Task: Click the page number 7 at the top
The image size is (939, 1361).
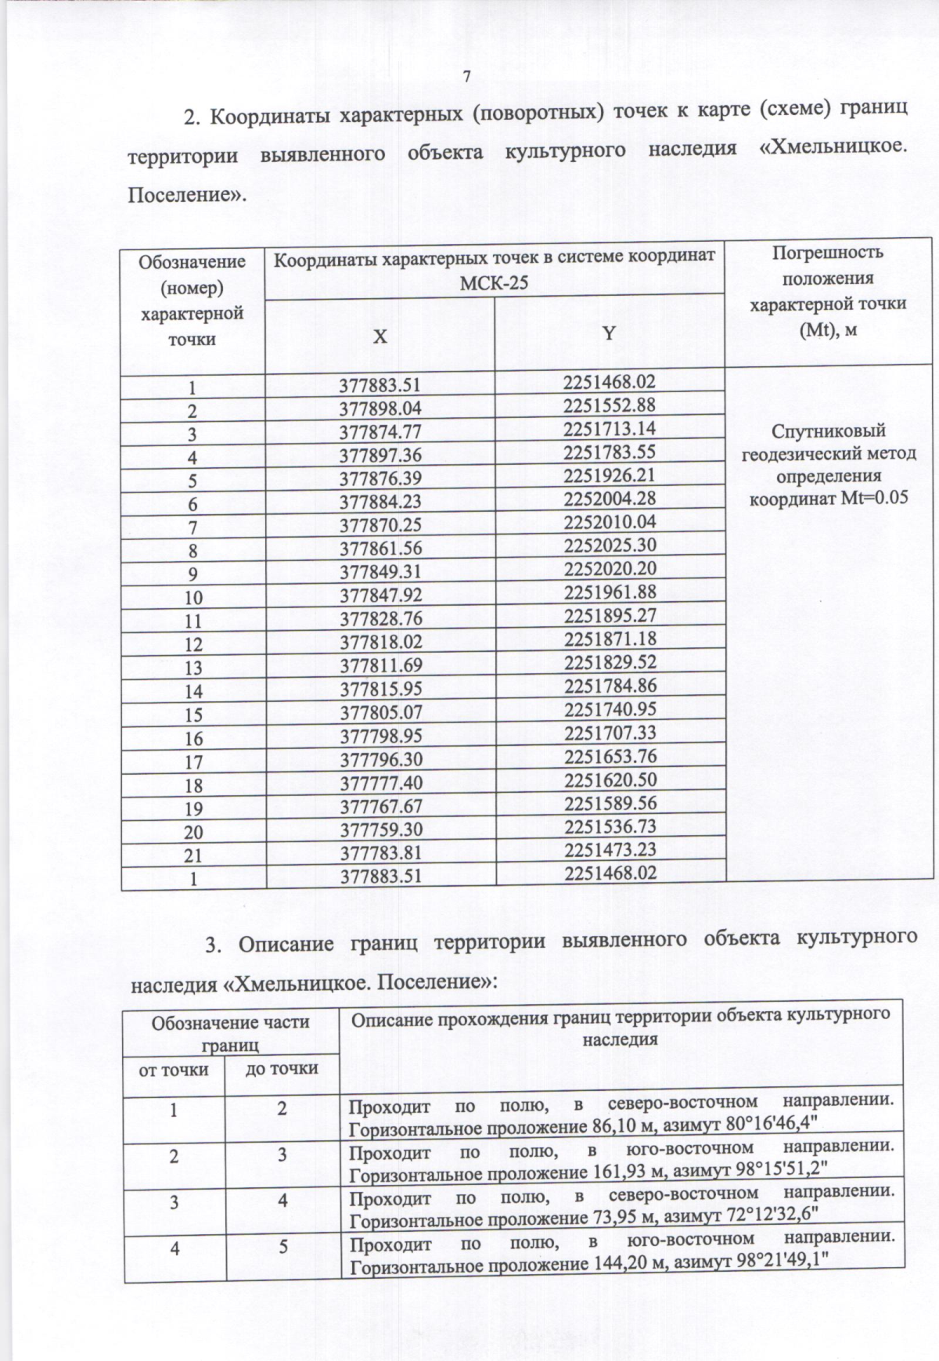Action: [x=467, y=77]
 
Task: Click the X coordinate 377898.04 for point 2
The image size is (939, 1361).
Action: [x=380, y=408]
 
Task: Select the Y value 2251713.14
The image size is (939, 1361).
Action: [x=609, y=428]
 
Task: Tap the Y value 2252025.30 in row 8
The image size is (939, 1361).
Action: [x=609, y=545]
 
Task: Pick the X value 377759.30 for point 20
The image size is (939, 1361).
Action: [x=380, y=829]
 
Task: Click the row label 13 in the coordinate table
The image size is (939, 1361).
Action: [x=192, y=668]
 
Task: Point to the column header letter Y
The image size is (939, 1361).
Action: [x=608, y=333]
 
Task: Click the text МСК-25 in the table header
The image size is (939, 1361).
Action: [x=494, y=283]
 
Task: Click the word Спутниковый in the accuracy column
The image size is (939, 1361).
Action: [x=828, y=431]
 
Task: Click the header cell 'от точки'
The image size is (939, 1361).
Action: [x=174, y=1069]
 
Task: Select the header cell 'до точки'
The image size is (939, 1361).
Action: [x=282, y=1068]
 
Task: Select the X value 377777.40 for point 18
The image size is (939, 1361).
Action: [x=380, y=783]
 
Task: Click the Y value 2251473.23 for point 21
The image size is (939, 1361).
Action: [x=609, y=849]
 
